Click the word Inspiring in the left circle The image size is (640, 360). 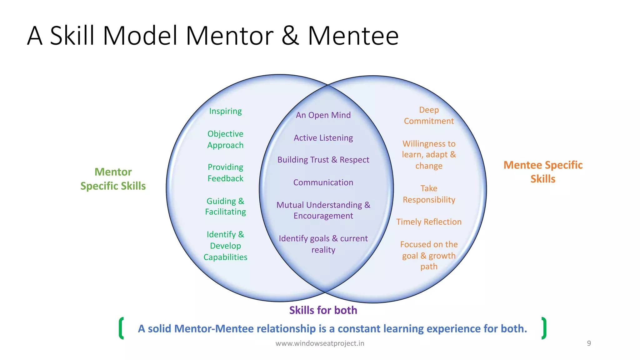[225, 111]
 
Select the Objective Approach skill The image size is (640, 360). [225, 139]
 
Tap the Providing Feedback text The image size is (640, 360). [225, 173]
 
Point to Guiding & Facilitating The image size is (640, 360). [225, 206]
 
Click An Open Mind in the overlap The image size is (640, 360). [323, 115]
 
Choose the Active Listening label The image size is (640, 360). [323, 138]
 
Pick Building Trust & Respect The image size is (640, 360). [323, 160]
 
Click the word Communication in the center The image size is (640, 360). [323, 182]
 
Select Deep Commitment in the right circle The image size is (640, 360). [429, 115]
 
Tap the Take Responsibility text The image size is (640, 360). [429, 194]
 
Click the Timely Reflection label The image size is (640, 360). [429, 222]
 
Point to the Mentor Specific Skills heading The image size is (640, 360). [113, 179]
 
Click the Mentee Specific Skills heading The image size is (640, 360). [543, 172]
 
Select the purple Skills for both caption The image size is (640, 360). [323, 310]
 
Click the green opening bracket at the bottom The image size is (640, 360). [121, 328]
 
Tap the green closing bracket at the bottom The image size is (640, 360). [544, 328]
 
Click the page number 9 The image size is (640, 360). [589, 343]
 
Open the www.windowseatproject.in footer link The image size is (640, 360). [320, 343]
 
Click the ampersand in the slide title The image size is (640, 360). [290, 36]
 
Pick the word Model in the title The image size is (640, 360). [141, 36]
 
